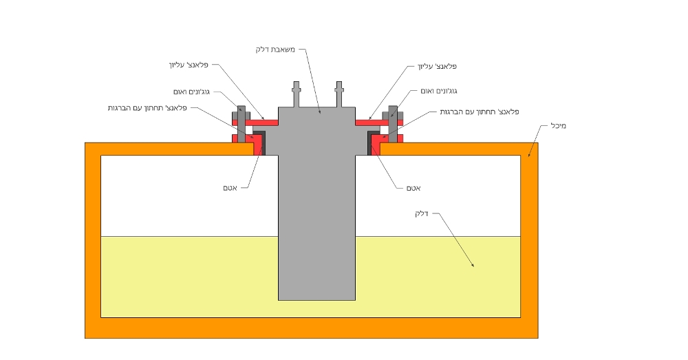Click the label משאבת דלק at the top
[276, 50]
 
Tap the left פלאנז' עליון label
[189, 65]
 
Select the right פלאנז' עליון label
[437, 66]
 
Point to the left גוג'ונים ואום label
[191, 92]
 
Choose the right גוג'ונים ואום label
[439, 91]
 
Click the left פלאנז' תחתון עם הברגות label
[147, 108]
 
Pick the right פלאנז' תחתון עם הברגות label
[480, 112]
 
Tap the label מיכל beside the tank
[559, 126]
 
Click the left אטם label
[230, 188]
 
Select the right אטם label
[413, 188]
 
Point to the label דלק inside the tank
[421, 214]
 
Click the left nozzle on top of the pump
[296, 94]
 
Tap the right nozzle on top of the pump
[338, 94]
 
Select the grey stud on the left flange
[241, 124]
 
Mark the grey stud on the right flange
[393, 124]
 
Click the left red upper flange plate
[255, 123]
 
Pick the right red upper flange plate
[379, 123]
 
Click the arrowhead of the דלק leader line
[473, 265]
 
